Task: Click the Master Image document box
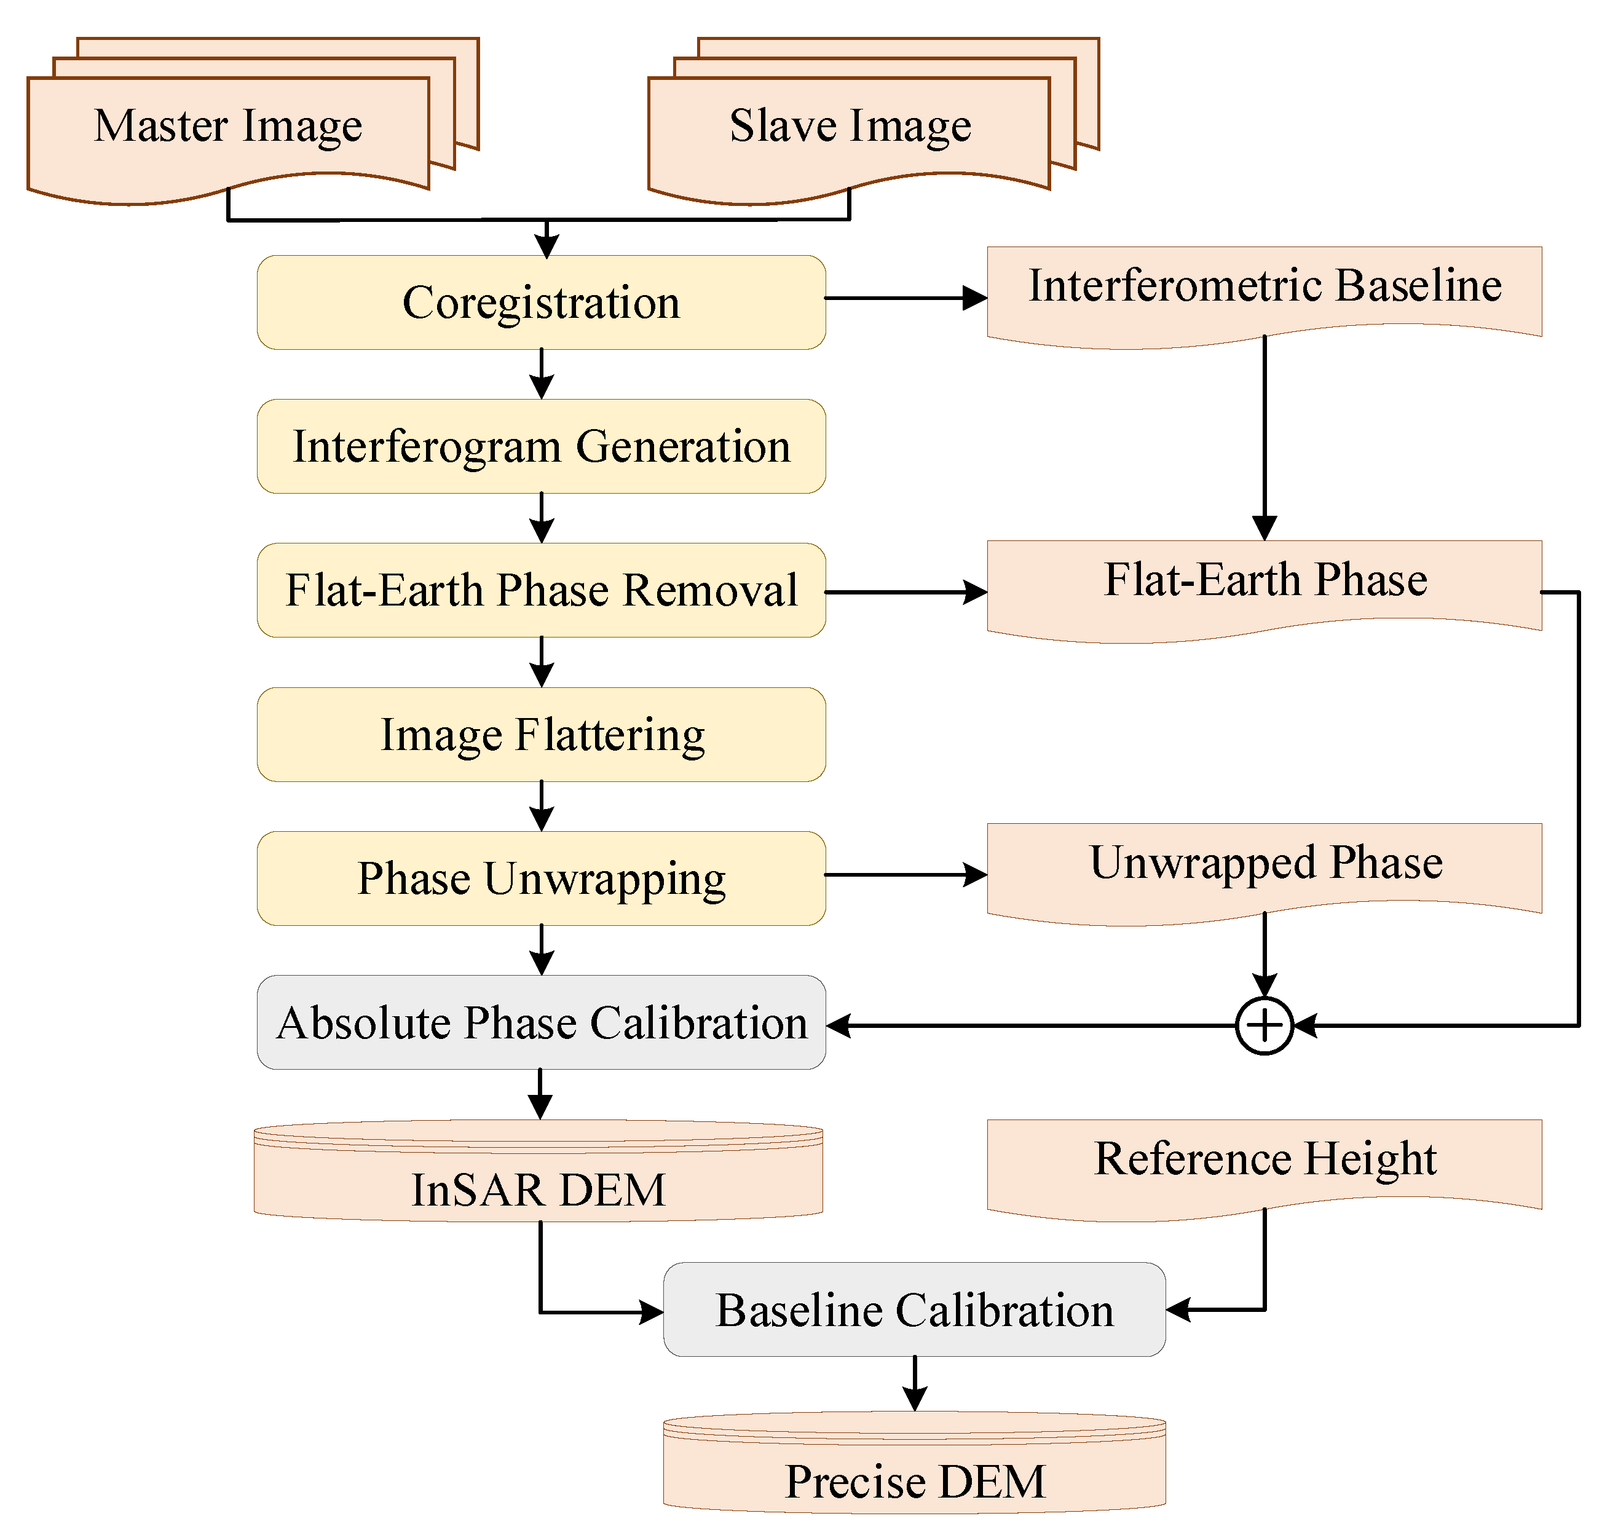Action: tap(228, 132)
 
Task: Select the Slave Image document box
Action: tap(849, 132)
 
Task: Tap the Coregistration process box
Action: tap(541, 302)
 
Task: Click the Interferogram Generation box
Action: tap(541, 446)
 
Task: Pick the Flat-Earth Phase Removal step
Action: tap(541, 590)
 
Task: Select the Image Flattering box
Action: tap(541, 734)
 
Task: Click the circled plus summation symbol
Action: tap(1265, 1025)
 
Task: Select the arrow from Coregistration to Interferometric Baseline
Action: tap(903, 298)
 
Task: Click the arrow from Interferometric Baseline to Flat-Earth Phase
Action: tap(1265, 435)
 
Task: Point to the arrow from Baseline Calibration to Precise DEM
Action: tap(915, 1383)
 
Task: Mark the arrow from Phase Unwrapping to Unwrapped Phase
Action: tap(903, 874)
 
